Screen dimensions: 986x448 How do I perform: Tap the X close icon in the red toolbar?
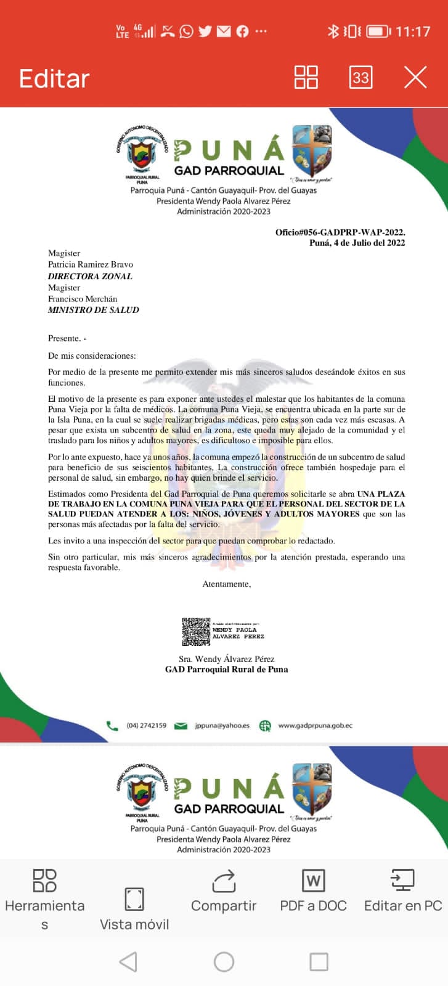point(415,78)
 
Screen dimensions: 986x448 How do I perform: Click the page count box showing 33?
point(360,78)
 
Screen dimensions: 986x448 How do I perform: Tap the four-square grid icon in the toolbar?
point(306,78)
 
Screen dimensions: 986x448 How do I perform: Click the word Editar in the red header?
point(54,79)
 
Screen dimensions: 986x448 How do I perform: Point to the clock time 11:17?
point(412,31)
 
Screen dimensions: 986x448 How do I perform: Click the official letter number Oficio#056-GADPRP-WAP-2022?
point(340,232)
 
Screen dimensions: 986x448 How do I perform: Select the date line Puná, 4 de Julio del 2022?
point(357,243)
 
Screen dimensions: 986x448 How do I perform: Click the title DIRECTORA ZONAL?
point(90,276)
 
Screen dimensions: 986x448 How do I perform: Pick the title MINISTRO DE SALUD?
point(94,310)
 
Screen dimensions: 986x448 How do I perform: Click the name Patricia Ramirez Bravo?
point(91,264)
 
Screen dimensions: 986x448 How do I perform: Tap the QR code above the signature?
point(196,632)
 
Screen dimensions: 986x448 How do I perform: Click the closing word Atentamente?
point(227,584)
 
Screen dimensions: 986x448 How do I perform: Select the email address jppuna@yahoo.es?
point(222,725)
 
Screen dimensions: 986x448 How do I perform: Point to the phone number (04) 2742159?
point(146,725)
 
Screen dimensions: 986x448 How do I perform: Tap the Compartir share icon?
point(224,881)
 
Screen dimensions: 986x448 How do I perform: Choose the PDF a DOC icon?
point(313,881)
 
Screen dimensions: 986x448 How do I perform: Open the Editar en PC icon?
point(403,881)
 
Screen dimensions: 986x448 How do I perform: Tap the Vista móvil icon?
point(134,900)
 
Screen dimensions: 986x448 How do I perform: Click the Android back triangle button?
point(128,961)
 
